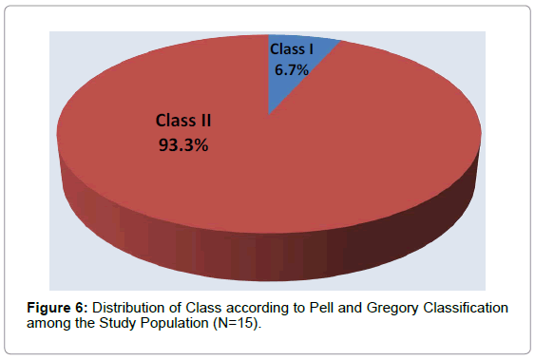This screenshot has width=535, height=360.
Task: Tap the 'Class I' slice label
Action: [290, 48]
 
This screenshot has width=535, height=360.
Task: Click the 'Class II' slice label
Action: [183, 122]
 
